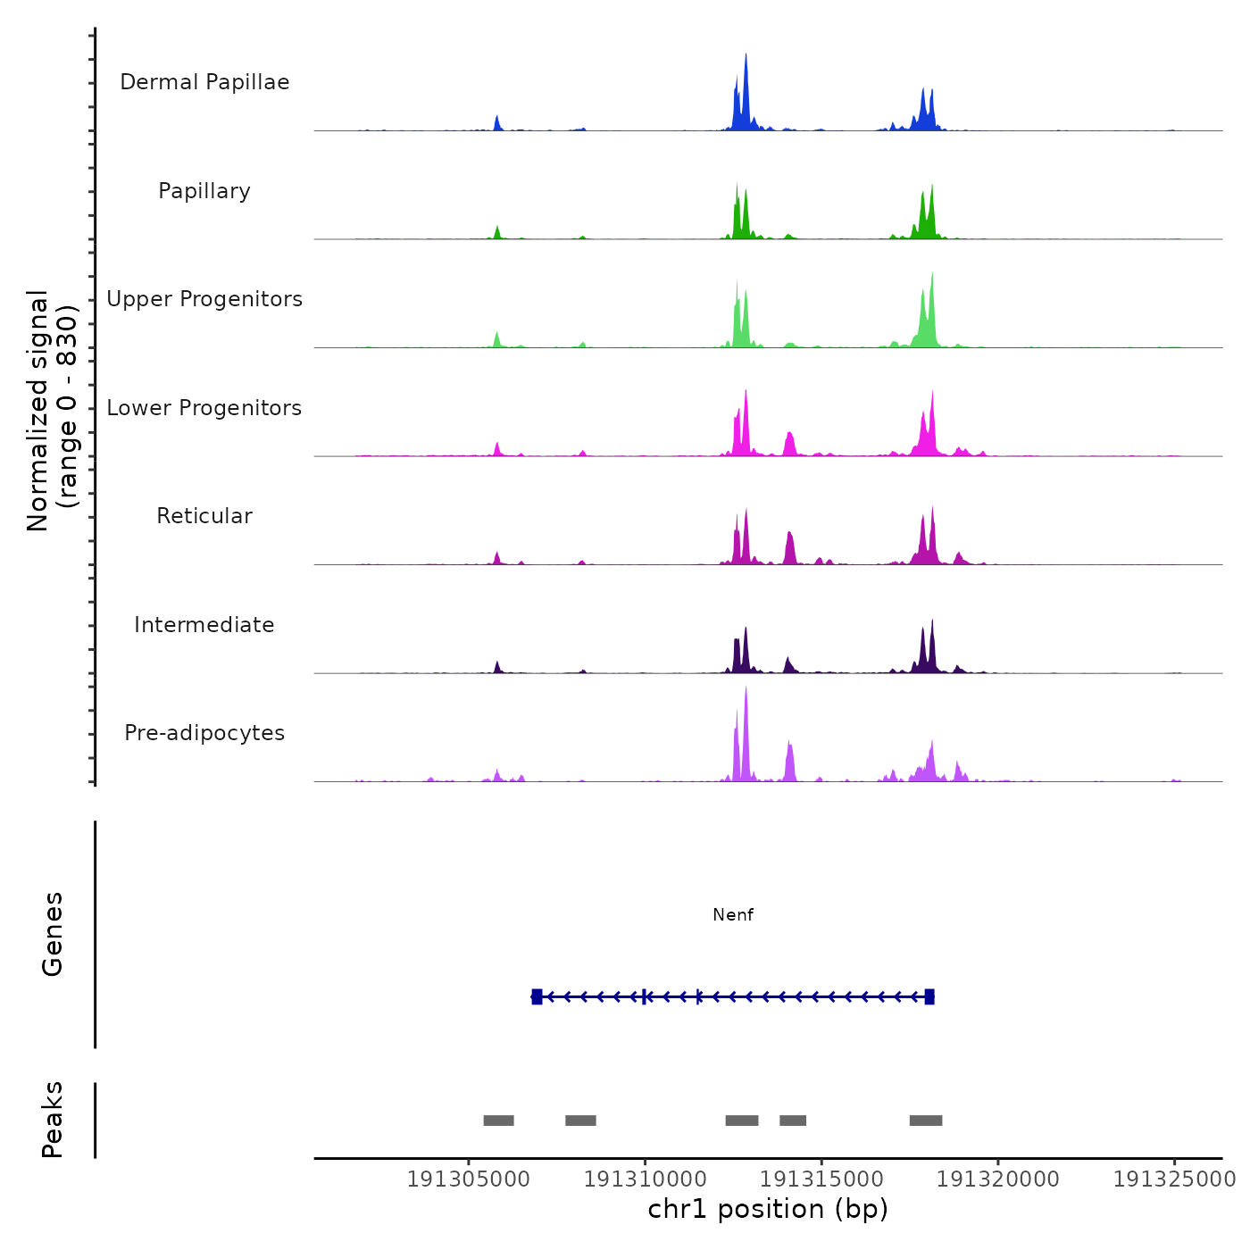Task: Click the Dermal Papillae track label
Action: [x=204, y=82]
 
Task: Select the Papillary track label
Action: [x=204, y=191]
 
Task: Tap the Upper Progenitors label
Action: [x=204, y=299]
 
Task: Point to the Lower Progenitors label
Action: [x=204, y=408]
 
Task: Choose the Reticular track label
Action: [x=204, y=516]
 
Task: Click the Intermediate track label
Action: [x=204, y=625]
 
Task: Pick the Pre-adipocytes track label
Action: [x=204, y=733]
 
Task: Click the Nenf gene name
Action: [x=733, y=915]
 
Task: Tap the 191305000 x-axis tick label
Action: [x=468, y=1179]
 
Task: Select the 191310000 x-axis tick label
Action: [x=645, y=1179]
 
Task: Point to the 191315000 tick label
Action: [x=821, y=1179]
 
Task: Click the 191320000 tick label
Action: [x=998, y=1179]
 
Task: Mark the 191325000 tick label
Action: [x=1174, y=1179]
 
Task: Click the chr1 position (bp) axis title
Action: [x=768, y=1210]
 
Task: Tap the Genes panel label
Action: [x=53, y=934]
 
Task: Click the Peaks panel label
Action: [x=53, y=1120]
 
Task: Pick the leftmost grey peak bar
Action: [x=498, y=1121]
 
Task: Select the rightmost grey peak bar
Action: [x=926, y=1121]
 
